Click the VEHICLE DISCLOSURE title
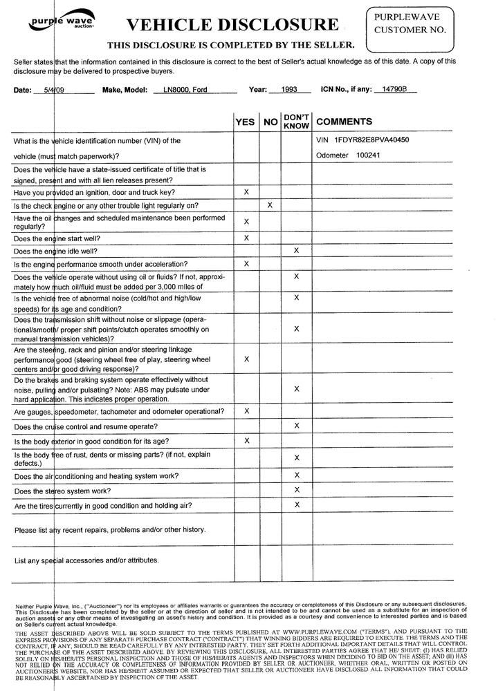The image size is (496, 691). pos(232,26)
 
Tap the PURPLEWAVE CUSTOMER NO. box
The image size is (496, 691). pos(410,25)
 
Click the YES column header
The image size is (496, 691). pos(245,122)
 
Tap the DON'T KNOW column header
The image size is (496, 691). pos(296,122)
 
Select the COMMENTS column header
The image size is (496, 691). pos(344,122)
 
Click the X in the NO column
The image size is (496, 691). pos(270,205)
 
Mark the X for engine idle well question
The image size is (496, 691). pos(296,250)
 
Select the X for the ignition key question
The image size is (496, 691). pos(246,191)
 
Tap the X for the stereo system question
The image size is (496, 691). pos(296,490)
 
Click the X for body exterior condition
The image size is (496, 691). pos(246,440)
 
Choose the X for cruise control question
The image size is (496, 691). pos(296,426)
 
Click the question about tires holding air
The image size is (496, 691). pos(103,506)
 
